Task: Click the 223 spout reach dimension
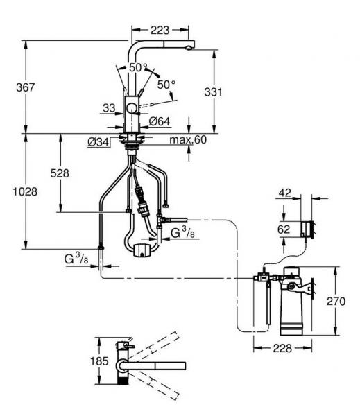[160, 31]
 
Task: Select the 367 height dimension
[26, 87]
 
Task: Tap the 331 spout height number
[214, 92]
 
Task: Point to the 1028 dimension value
[25, 191]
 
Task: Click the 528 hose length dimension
[60, 173]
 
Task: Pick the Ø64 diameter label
[160, 121]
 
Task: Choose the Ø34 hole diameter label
[98, 142]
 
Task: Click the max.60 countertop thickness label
[188, 139]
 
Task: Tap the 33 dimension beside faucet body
[109, 108]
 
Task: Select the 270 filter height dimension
[336, 301]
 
